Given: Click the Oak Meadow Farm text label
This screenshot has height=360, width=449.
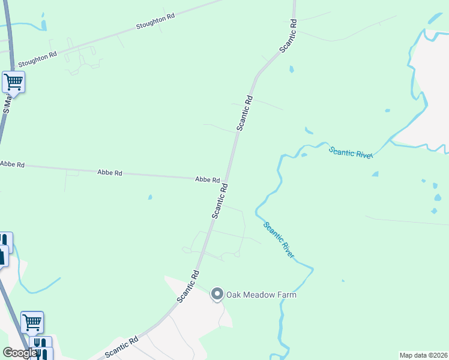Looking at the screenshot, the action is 261,295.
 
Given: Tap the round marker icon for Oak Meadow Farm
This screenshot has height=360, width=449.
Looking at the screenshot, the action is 217,294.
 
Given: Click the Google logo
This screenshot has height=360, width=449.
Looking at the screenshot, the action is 20,353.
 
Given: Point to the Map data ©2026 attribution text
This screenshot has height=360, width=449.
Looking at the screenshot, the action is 423,355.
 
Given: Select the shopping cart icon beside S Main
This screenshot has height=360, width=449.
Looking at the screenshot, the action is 13,82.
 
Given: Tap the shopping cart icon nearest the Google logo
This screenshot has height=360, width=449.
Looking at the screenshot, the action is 32,322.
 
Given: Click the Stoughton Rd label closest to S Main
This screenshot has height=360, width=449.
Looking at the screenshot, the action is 37,58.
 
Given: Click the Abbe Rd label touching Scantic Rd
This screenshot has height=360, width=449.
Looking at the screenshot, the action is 207,179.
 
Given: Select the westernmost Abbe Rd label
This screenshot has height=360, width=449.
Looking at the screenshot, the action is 12,164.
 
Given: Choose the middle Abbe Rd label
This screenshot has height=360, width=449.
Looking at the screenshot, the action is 110,173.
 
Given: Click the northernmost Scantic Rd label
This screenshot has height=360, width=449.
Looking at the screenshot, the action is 289,35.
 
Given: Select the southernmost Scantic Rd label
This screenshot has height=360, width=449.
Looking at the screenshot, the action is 121,347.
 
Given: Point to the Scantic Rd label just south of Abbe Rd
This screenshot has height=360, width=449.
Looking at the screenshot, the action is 219,200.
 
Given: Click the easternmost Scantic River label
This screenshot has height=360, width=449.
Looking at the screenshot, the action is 351,152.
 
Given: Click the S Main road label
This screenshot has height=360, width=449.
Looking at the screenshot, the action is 7,102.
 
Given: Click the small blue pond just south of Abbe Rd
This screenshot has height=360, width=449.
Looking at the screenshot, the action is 149,197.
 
